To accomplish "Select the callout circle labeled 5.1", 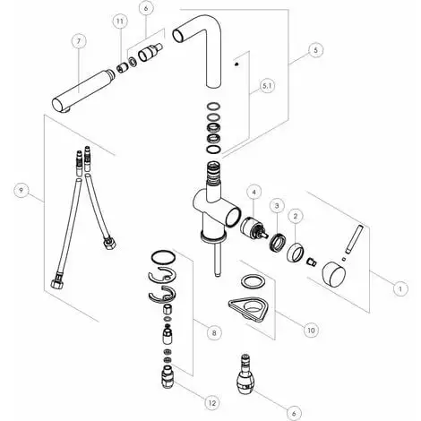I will [x=266, y=85].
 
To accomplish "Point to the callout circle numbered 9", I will [x=19, y=189].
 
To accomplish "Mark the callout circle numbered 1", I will [x=400, y=289].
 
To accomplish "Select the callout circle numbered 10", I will [x=311, y=330].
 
